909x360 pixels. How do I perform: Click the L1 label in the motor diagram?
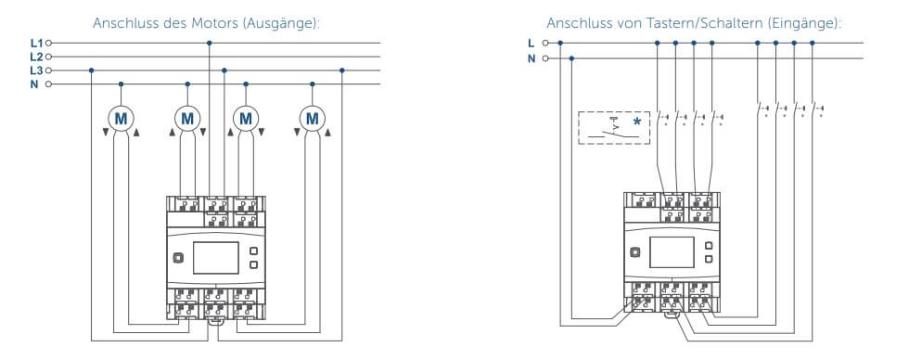(x=36, y=43)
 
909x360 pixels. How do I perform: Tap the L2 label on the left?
(x=36, y=57)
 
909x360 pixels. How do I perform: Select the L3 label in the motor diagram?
(x=36, y=71)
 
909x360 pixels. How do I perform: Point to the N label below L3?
(x=34, y=84)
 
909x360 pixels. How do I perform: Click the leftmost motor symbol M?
(x=122, y=119)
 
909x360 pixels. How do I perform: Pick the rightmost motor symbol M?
(x=313, y=119)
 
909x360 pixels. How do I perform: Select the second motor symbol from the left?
(x=187, y=119)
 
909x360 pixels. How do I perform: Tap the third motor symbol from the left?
(x=246, y=119)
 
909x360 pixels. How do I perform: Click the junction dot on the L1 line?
(x=210, y=43)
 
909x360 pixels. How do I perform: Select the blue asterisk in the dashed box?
(x=638, y=122)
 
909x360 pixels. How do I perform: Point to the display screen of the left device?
(x=215, y=258)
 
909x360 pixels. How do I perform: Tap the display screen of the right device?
(x=672, y=252)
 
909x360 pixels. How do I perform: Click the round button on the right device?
(x=634, y=252)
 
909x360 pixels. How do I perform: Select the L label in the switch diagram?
(x=531, y=43)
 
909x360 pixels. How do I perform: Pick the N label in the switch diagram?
(x=531, y=58)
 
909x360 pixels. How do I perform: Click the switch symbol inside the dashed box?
(x=613, y=131)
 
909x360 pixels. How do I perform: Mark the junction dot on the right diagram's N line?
(x=572, y=58)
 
